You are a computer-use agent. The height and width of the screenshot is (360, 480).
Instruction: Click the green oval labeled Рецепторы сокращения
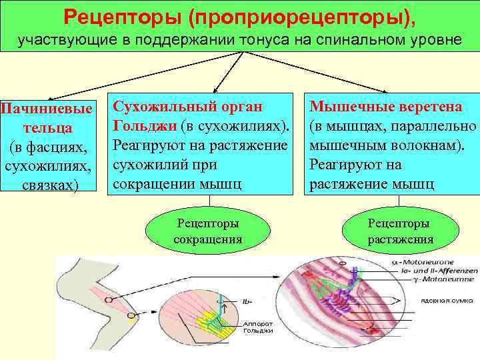(x=207, y=231)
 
